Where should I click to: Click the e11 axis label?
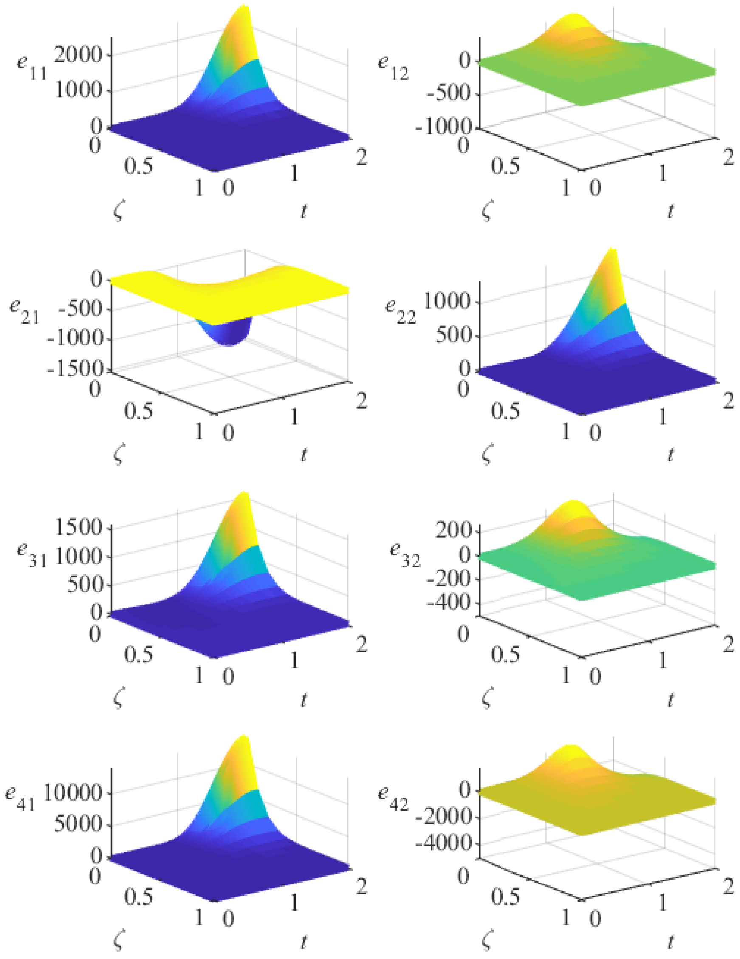[x=31, y=67]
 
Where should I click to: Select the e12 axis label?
[x=393, y=67]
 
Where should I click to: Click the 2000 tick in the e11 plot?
[x=78, y=55]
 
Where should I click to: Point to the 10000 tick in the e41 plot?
[x=72, y=793]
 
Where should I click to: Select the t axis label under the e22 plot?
[x=670, y=455]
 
